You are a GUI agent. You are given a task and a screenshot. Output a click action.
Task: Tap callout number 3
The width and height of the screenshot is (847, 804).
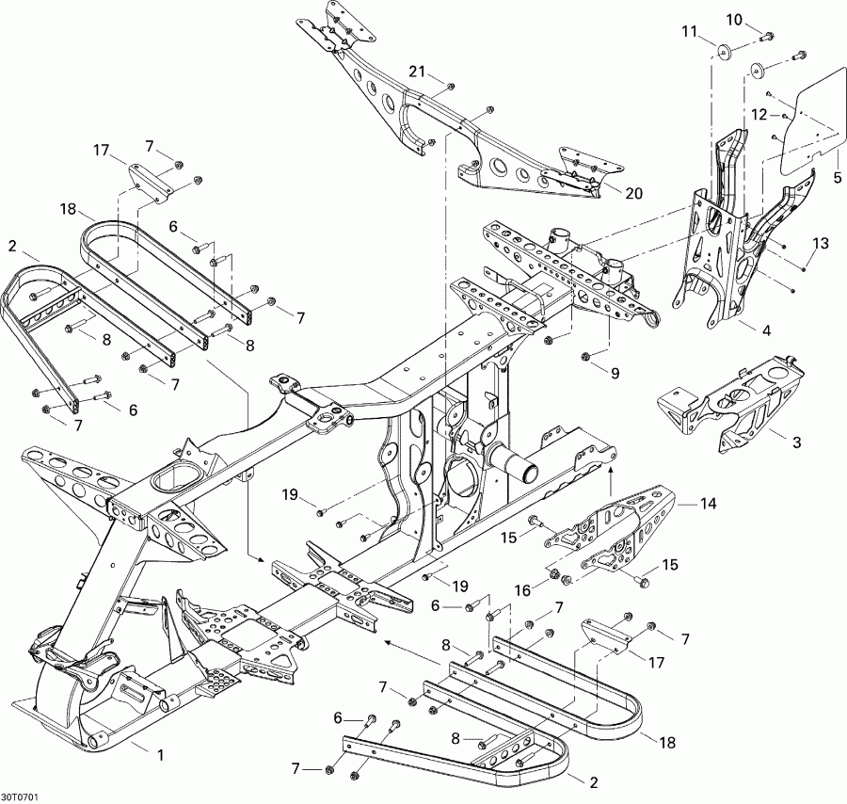click(796, 442)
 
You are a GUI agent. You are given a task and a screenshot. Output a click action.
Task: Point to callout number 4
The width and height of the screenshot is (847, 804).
click(765, 330)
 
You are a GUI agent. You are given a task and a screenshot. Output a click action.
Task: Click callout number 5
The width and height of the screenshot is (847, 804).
click(836, 177)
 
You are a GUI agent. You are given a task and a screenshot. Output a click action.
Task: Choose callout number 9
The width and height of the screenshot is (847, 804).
click(615, 374)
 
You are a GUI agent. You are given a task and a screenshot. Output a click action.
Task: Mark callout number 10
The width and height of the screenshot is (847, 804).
click(733, 20)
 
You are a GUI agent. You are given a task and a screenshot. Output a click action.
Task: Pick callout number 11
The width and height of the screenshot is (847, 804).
click(690, 32)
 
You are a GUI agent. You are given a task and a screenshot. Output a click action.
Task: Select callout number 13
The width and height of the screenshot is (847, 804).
click(822, 245)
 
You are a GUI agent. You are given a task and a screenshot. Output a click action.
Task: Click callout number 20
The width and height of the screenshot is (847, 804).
click(633, 193)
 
